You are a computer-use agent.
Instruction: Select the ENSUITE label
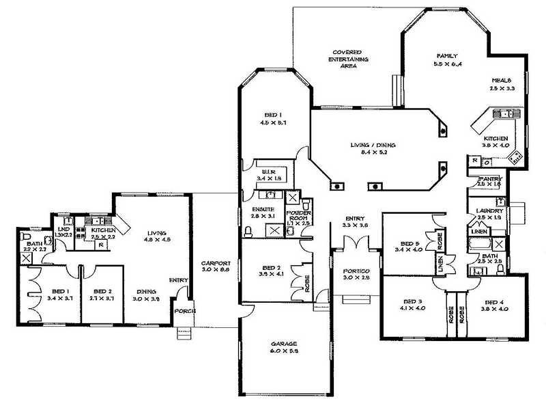[263, 208]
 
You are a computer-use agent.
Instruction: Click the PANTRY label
[490, 178]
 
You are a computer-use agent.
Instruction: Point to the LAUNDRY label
[491, 210]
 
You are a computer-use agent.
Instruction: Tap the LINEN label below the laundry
[479, 233]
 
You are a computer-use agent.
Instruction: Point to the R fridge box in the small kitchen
[101, 243]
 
